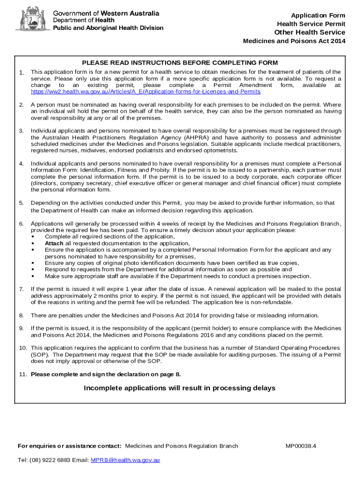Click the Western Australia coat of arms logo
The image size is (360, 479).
pyautogui.click(x=32, y=19)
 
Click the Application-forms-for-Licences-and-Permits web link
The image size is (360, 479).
pyautogui.click(x=145, y=92)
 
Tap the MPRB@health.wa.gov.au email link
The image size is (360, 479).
pyautogui.click(x=125, y=460)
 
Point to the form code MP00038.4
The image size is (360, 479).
pyautogui.click(x=301, y=446)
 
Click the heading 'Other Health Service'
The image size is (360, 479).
pyautogui.click(x=310, y=32)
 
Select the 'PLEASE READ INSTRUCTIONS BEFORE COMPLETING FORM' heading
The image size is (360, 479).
pyautogui.click(x=180, y=63)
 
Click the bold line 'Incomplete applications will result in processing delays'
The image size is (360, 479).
pyautogui.click(x=180, y=388)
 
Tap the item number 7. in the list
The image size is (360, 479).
pyautogui.click(x=22, y=289)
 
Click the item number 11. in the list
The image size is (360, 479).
pyautogui.click(x=23, y=374)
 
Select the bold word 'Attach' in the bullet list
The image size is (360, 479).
pyautogui.click(x=54, y=243)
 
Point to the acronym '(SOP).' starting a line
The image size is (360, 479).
pyautogui.click(x=39, y=355)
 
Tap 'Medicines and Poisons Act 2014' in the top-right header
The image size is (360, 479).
pyautogui.click(x=294, y=41)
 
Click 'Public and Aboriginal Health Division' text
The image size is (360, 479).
pyautogui.click(x=108, y=28)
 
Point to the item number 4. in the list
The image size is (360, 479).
pyautogui.click(x=22, y=163)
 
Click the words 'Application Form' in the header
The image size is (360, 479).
pyautogui.click(x=318, y=15)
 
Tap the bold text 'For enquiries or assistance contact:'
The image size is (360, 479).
pyautogui.click(x=70, y=446)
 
